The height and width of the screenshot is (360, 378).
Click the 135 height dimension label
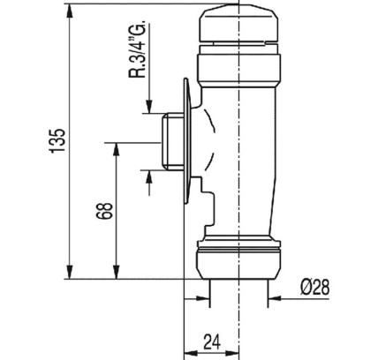(57, 140)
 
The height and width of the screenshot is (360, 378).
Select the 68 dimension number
(105, 211)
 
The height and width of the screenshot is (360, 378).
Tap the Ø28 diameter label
(314, 287)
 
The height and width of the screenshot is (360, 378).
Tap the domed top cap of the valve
(238, 25)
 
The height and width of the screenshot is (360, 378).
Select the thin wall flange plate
(187, 140)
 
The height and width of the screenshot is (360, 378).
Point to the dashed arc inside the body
(211, 140)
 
